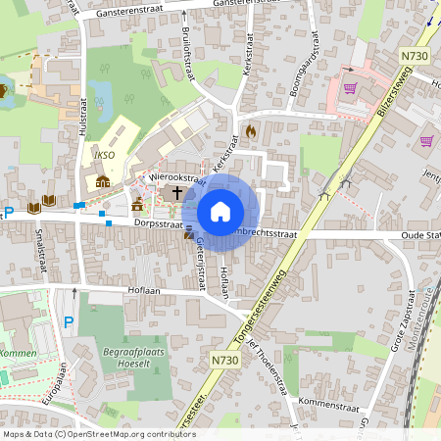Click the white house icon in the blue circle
[x=220, y=211]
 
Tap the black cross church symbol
[x=177, y=192]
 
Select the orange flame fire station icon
[x=251, y=129]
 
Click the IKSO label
[x=106, y=155]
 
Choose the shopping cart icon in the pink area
[x=350, y=87]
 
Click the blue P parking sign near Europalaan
[x=68, y=322]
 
